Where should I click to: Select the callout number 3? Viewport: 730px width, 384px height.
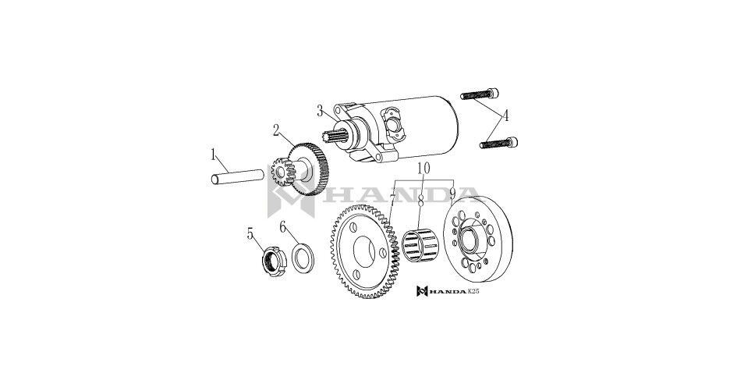[320, 111]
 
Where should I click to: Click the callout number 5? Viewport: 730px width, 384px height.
[250, 233]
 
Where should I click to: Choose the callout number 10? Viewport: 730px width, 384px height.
[423, 169]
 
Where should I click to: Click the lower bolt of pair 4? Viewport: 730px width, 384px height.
[500, 141]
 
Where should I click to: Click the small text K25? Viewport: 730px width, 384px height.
[473, 292]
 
